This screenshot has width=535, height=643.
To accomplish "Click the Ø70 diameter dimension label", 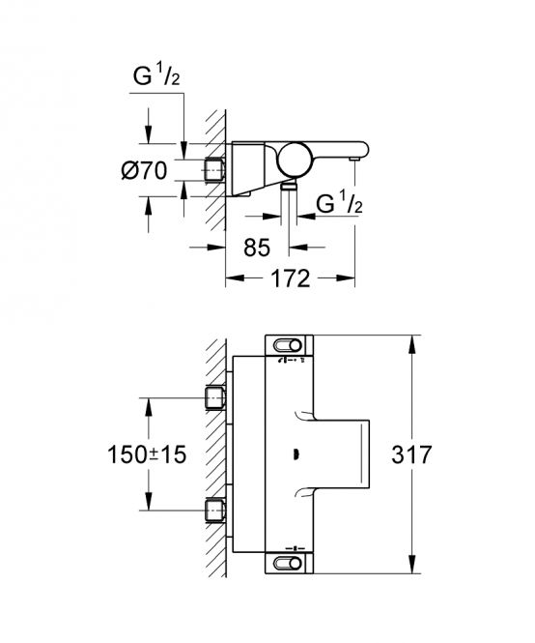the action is click(x=144, y=170).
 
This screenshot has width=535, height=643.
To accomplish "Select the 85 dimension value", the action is click(x=257, y=248).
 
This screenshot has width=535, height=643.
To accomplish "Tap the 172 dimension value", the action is click(x=291, y=278).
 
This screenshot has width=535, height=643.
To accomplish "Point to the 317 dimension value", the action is click(x=411, y=454).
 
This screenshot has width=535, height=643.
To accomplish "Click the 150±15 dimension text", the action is click(x=147, y=454).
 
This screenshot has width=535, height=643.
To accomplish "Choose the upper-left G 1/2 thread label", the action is click(x=156, y=75).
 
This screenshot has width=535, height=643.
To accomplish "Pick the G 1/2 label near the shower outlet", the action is click(x=340, y=203).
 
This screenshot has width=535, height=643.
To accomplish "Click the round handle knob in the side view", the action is click(x=295, y=160).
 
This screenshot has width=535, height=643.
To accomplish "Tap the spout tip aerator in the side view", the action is click(x=354, y=159).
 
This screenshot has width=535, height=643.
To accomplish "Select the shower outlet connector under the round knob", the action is click(x=289, y=187).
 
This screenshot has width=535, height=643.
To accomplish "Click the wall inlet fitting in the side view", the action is click(x=214, y=170).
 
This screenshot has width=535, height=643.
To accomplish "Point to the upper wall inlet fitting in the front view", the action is click(x=214, y=397).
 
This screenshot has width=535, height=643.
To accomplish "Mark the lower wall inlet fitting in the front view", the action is click(x=214, y=511).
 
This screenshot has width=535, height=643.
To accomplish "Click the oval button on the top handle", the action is click(x=288, y=346).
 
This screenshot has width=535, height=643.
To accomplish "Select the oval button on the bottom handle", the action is click(x=288, y=564).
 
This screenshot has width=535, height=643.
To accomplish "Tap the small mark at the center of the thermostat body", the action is click(x=296, y=453).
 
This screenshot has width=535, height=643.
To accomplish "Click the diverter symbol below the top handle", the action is click(x=292, y=361).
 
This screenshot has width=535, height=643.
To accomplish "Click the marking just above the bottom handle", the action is click(x=295, y=548).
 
